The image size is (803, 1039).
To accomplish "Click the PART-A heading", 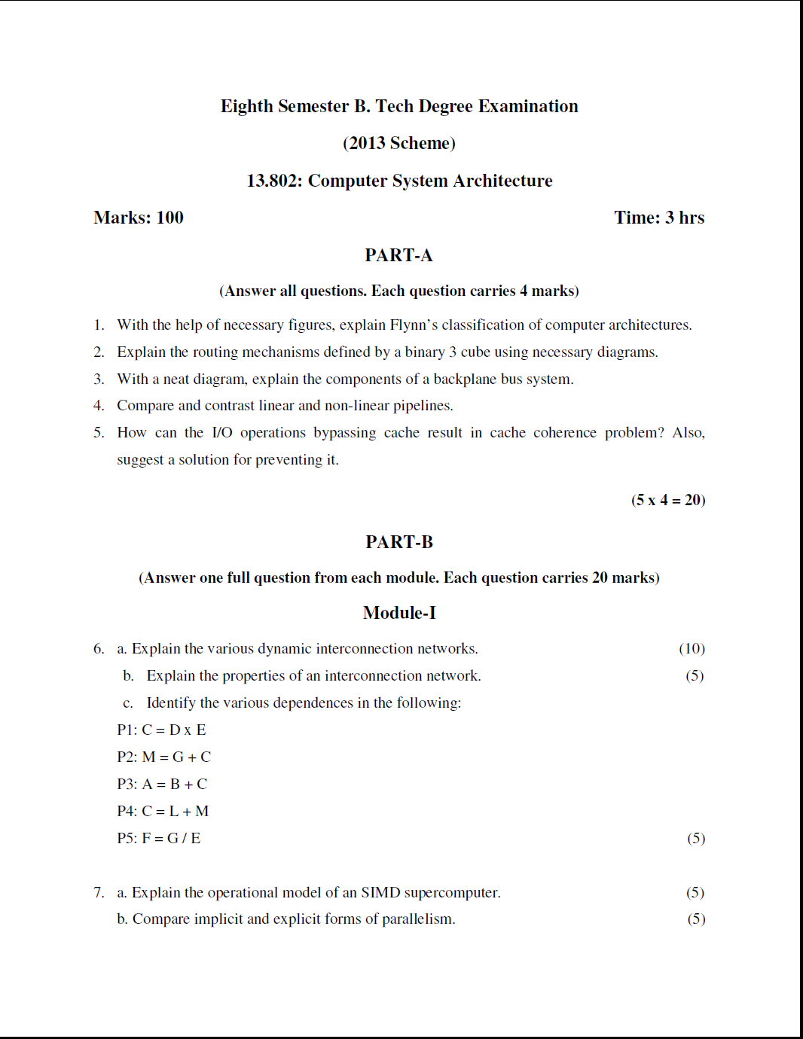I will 398,255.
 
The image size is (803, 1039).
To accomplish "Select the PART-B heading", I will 398,542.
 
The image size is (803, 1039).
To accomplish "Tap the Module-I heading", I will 399,613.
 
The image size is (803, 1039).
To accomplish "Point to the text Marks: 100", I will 139,218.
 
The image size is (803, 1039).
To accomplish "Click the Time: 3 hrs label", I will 659,218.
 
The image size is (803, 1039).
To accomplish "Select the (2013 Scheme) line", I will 399,143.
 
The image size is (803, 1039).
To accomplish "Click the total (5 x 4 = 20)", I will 668,500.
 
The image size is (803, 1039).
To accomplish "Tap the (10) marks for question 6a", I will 692,648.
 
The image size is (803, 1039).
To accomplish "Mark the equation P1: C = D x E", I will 161,730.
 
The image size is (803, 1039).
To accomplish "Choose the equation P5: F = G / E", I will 159,838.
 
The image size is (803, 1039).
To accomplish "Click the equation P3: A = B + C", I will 162,784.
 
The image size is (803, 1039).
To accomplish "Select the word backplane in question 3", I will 465,379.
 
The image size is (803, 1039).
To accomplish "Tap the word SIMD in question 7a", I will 380,892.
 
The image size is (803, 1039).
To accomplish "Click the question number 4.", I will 99,405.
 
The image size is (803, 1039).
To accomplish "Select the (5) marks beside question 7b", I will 696,919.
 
